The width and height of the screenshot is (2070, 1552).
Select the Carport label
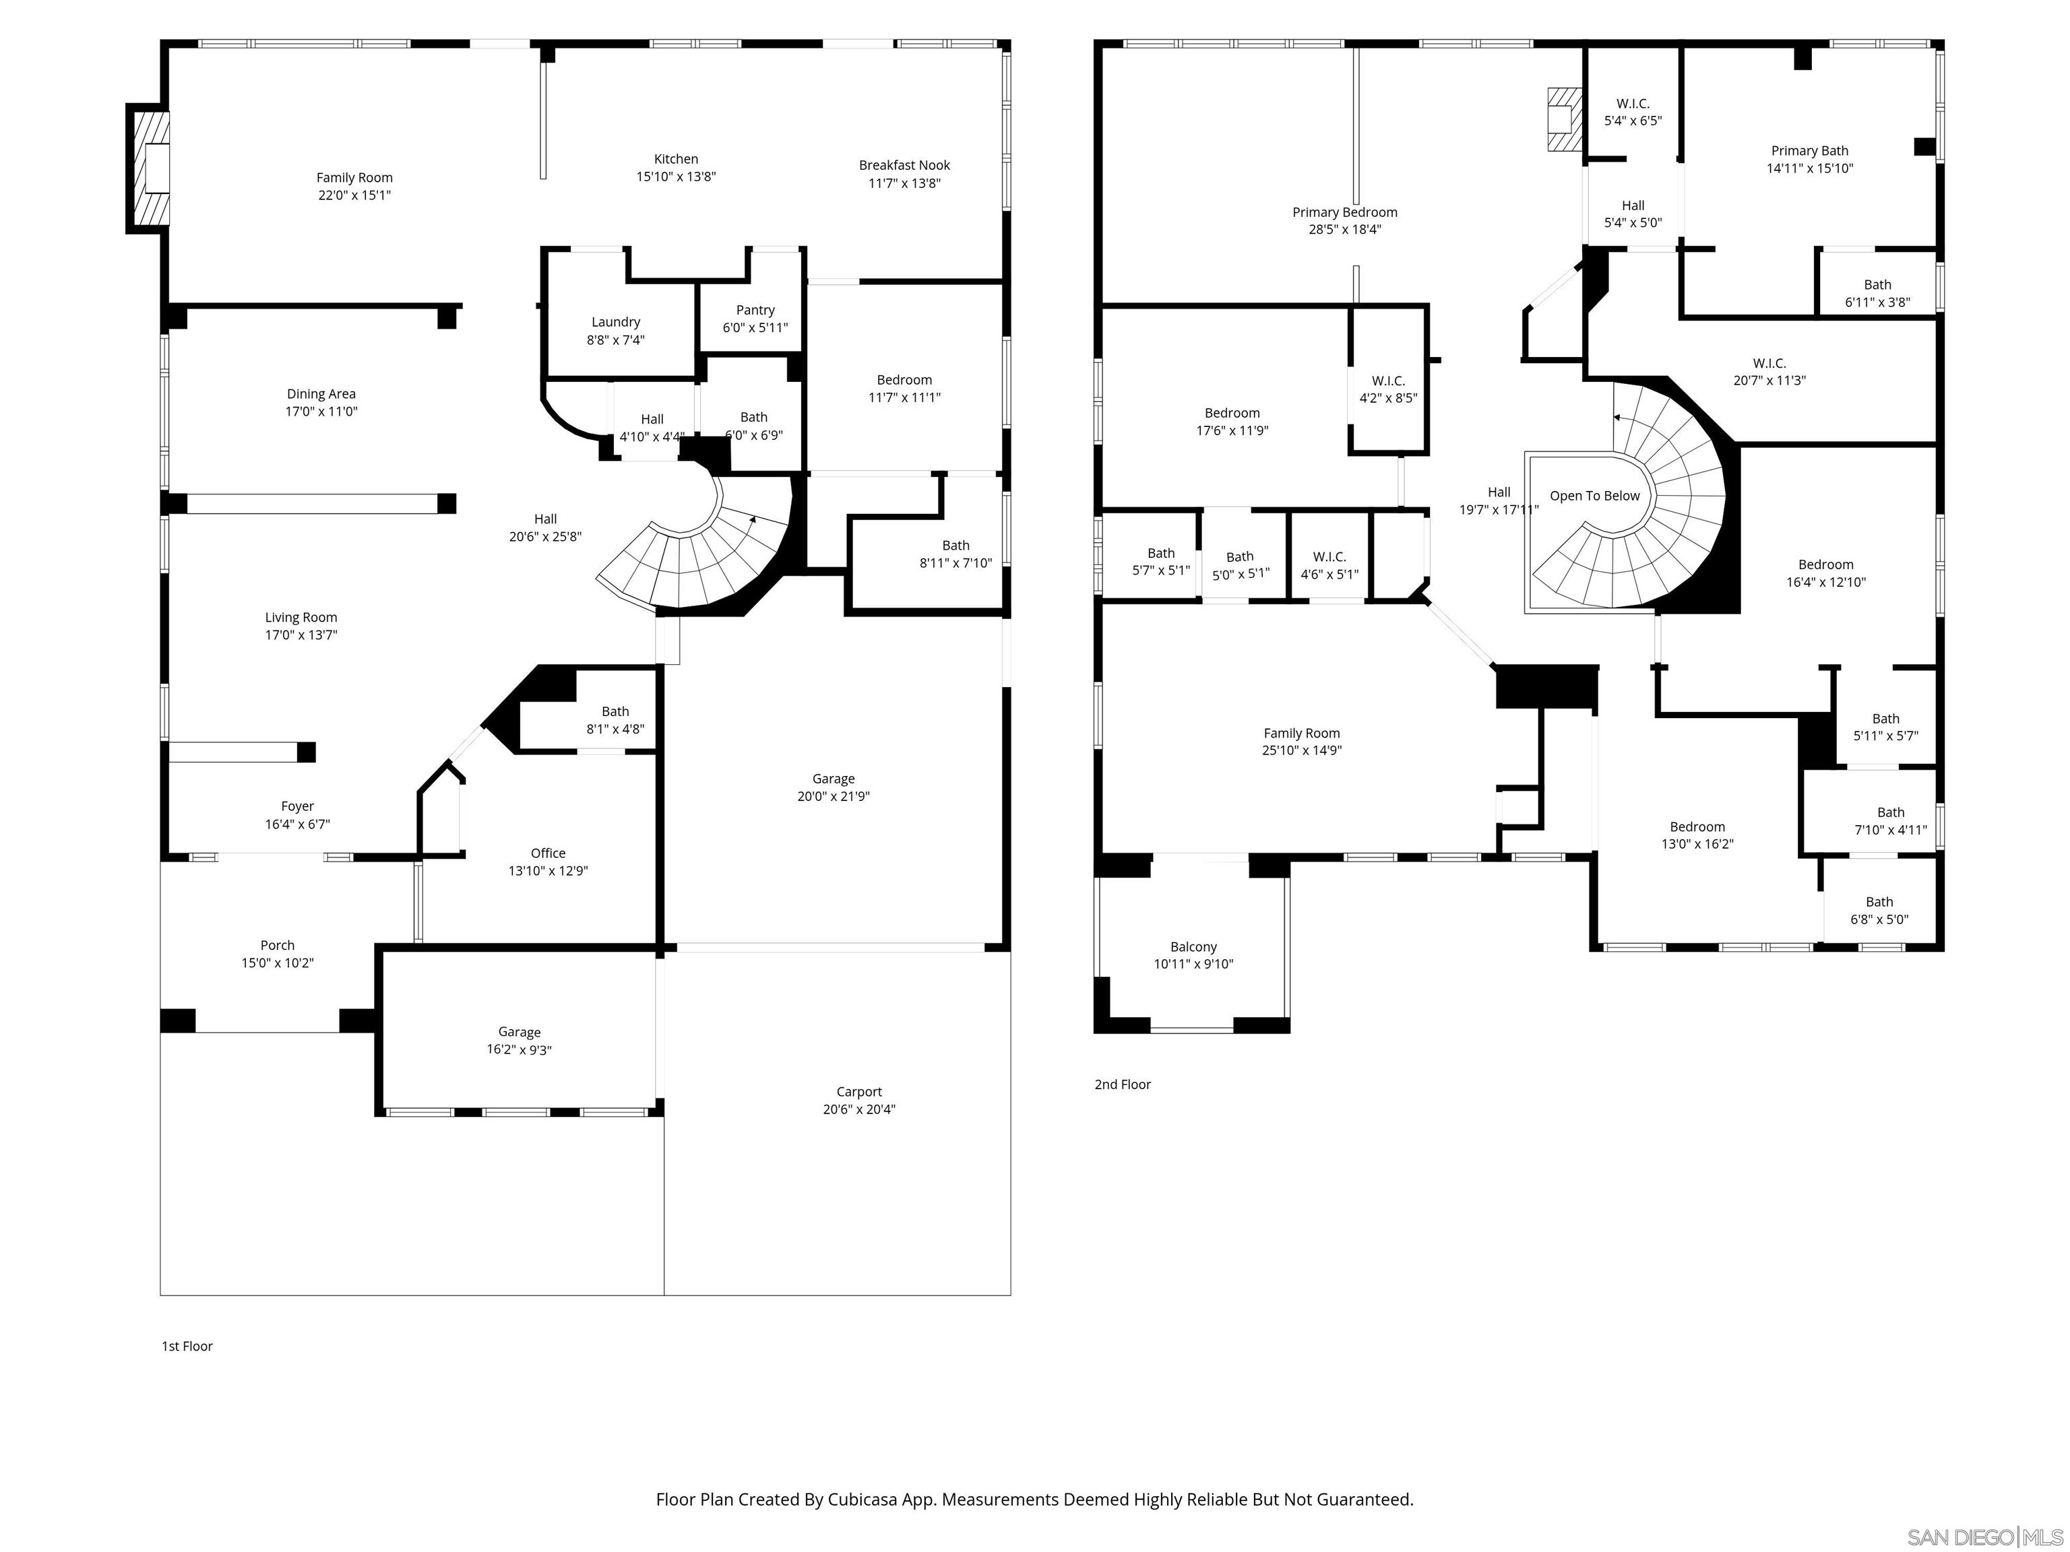pyautogui.click(x=858, y=1092)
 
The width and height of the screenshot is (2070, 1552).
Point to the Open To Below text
pyautogui.click(x=1594, y=496)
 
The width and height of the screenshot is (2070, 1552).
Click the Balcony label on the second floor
pyautogui.click(x=1193, y=946)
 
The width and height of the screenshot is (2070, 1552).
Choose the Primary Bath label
pyautogui.click(x=1809, y=151)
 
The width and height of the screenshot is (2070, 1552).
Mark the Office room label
pyautogui.click(x=547, y=853)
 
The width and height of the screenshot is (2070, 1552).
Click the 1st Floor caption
pyautogui.click(x=187, y=1346)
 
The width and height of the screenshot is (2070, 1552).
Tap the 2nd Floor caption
pyautogui.click(x=1122, y=1085)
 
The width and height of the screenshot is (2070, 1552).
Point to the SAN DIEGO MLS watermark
pyautogui.click(x=1984, y=1537)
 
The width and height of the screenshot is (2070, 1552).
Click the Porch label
pyautogui.click(x=277, y=946)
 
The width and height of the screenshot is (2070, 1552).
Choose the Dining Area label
pyautogui.click(x=320, y=394)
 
